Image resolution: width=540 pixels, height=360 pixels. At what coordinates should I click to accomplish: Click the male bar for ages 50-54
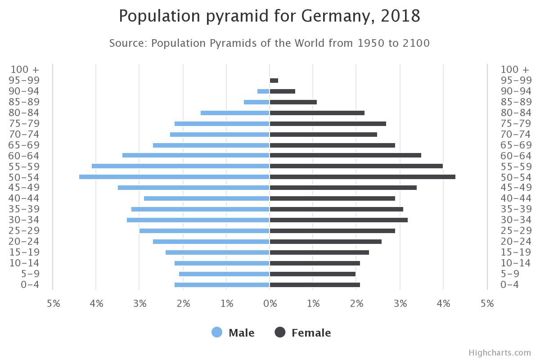[x=174, y=177]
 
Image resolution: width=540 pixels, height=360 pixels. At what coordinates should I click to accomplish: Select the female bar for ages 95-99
[x=274, y=81]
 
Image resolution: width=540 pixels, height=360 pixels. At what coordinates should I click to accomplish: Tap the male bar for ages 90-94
[x=263, y=91]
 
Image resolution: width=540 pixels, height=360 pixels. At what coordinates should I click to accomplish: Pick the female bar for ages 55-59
[x=356, y=166]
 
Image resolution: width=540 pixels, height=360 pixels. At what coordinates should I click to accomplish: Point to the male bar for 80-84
[x=235, y=113]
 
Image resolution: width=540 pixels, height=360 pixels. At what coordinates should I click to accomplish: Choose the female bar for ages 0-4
[x=315, y=285]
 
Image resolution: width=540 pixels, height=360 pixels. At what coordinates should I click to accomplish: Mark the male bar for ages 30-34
[x=198, y=220]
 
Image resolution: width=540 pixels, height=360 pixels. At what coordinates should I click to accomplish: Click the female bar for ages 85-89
[x=293, y=102]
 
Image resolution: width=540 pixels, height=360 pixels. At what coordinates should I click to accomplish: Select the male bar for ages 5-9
[x=224, y=274]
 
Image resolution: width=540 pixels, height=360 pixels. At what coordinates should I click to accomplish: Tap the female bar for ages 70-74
[x=323, y=135]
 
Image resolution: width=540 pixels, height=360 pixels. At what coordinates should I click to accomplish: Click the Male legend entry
[x=233, y=333]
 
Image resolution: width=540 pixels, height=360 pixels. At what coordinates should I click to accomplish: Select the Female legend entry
[x=303, y=333]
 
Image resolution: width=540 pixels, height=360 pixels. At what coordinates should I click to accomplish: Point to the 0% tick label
[x=270, y=304]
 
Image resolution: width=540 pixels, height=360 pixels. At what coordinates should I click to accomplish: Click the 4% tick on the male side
[x=96, y=304]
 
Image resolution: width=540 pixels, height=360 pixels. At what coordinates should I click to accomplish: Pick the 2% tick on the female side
[x=356, y=304]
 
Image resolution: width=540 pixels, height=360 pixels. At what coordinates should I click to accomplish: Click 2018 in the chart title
[x=400, y=16]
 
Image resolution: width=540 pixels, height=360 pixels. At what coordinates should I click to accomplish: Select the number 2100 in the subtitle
[x=416, y=43]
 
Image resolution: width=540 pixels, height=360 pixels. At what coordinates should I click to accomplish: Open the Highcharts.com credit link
[x=499, y=353]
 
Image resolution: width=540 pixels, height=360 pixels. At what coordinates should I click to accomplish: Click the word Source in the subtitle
[x=128, y=43]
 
